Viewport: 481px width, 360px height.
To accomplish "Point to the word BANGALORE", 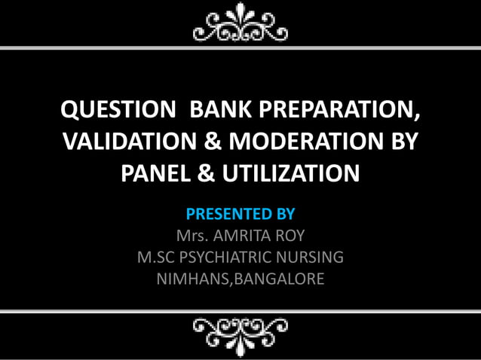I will pos(282,279).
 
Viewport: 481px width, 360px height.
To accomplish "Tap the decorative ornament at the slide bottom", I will pos(240,331).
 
